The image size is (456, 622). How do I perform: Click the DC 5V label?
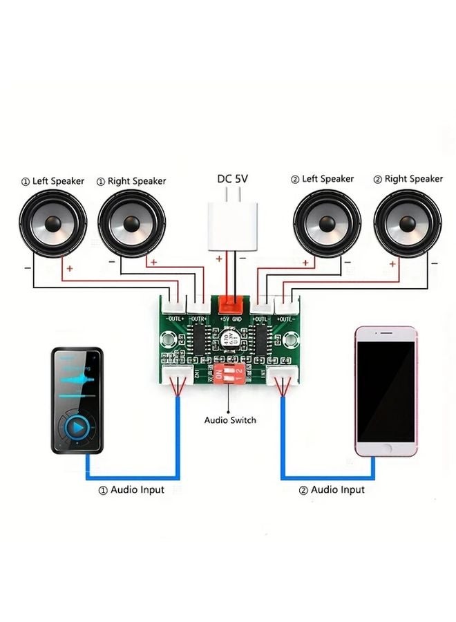pyautogui.click(x=232, y=178)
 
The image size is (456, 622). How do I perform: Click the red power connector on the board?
pyautogui.click(x=231, y=305)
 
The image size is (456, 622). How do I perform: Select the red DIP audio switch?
pyautogui.click(x=229, y=375)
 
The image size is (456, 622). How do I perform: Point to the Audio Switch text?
pyautogui.click(x=230, y=420)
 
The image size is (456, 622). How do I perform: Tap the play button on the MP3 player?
pyautogui.click(x=78, y=428)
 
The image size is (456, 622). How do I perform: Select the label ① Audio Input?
pyautogui.click(x=131, y=489)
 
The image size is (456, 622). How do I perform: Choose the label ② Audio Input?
pyautogui.click(x=331, y=489)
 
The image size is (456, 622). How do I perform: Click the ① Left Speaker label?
pyautogui.click(x=52, y=181)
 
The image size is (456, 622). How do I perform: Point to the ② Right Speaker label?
pyautogui.click(x=408, y=179)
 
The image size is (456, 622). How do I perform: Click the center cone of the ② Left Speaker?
pyautogui.click(x=327, y=224)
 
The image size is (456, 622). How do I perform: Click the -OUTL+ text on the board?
pyautogui.click(x=175, y=319)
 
